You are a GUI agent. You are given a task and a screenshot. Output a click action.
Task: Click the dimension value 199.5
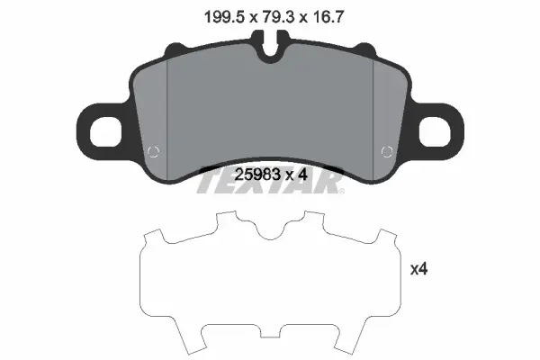point(224,17)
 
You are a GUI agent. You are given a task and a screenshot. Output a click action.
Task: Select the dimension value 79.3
point(276,17)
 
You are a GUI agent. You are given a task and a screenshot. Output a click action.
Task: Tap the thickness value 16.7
point(327,17)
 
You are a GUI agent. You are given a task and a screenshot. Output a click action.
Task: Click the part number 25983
point(257,175)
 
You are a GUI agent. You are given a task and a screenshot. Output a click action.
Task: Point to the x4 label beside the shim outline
point(418,269)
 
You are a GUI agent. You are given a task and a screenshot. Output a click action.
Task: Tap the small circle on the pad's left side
point(153,151)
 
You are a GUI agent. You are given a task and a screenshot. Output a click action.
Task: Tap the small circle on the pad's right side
point(387,151)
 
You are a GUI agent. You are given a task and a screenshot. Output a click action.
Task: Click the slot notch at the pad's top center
point(270,46)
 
